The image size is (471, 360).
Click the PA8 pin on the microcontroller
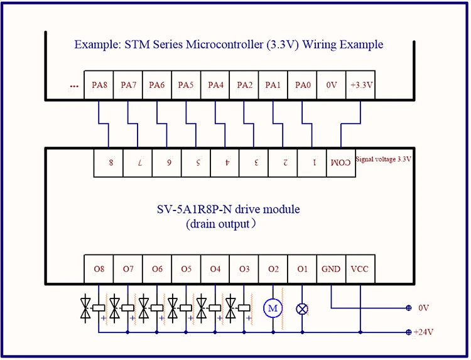[x=99, y=85]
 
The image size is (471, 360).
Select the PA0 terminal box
[x=302, y=85]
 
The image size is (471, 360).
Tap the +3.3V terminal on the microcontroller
[x=360, y=85]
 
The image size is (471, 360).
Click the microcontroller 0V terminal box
[x=331, y=85]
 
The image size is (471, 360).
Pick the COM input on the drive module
[x=340, y=162]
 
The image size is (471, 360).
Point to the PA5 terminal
[x=186, y=85]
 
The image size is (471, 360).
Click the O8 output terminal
[x=99, y=270]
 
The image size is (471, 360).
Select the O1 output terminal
[x=302, y=270]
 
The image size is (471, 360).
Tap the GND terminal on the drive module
[x=331, y=270]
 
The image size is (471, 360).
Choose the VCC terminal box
[x=360, y=270]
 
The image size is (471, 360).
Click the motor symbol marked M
[x=273, y=308]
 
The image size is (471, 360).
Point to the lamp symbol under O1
[x=302, y=308]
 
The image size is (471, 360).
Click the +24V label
[x=425, y=332]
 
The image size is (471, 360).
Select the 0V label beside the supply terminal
[x=423, y=308]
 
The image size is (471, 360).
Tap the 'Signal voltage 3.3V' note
[x=383, y=160]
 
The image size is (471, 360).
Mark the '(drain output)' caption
[x=220, y=223]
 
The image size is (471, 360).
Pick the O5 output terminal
[x=186, y=270]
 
